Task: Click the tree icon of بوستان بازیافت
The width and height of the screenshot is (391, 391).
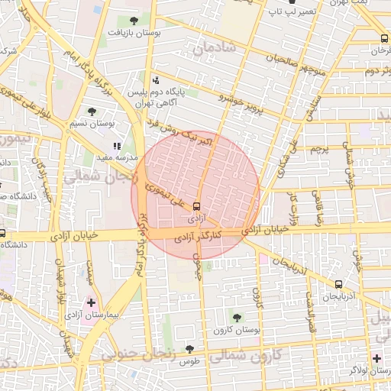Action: pos(134,21)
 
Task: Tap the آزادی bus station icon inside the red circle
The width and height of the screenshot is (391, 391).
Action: pos(198,205)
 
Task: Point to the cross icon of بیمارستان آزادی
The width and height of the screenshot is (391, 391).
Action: pos(92,303)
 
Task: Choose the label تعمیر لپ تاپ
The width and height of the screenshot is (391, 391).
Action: pos(298,12)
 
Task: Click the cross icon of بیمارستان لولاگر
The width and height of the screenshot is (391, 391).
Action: pos(376,357)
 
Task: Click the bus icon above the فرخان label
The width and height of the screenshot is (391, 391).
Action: pos(383,38)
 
